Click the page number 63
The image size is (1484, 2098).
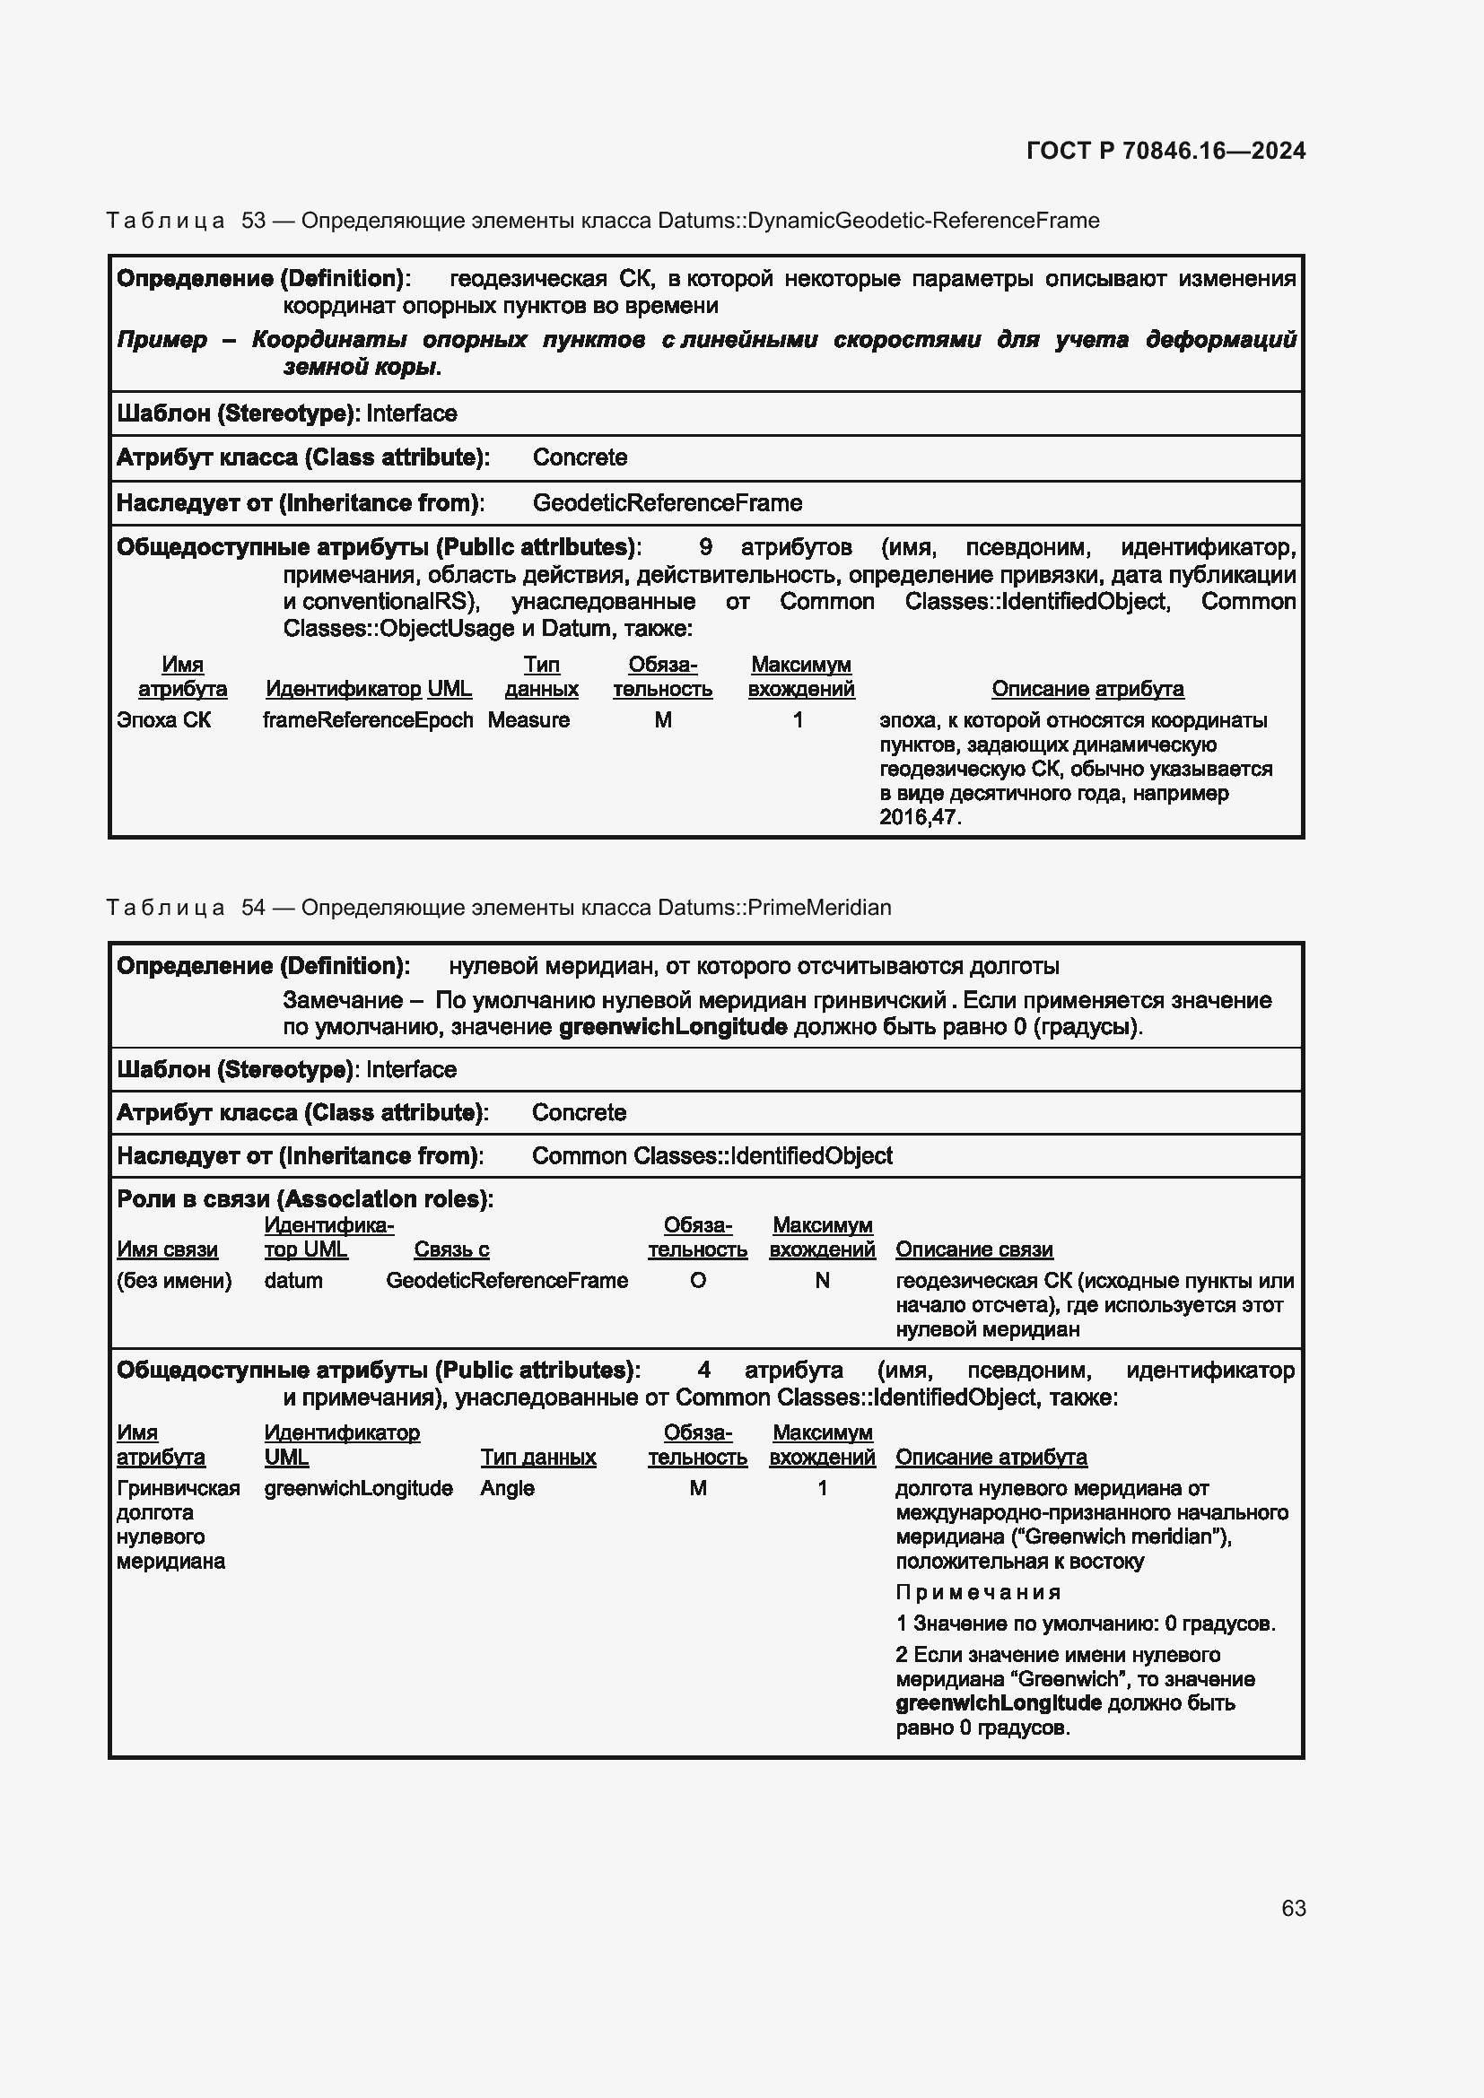tap(1293, 1908)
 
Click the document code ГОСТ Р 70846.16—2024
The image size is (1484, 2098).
tap(1166, 151)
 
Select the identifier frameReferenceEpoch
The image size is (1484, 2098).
tap(367, 720)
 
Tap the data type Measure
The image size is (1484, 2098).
tap(528, 720)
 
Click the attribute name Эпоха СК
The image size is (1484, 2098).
tap(163, 720)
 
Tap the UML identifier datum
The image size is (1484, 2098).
tap(293, 1280)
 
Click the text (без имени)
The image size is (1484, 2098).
tap(174, 1280)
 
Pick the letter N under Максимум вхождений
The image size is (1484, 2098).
tap(822, 1280)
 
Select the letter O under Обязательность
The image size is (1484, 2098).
tap(697, 1280)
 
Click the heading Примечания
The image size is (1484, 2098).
tap(978, 1593)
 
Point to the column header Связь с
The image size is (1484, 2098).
tap(451, 1249)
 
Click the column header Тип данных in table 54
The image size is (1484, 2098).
tap(538, 1457)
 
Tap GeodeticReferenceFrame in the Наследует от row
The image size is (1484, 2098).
tap(667, 502)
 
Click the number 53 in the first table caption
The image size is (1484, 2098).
tap(253, 221)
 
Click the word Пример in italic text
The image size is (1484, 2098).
tap(161, 340)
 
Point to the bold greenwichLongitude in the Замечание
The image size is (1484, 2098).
tap(673, 1026)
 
